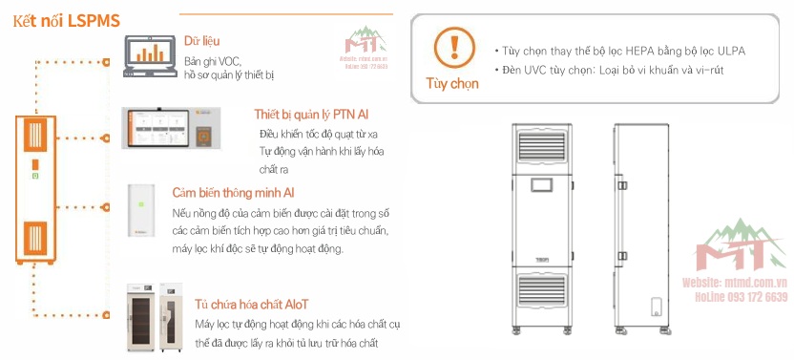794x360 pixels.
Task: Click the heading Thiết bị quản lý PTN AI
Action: pos(311,115)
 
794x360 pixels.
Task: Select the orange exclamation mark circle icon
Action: pos(453,47)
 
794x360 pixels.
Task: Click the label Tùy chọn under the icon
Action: pos(452,83)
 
